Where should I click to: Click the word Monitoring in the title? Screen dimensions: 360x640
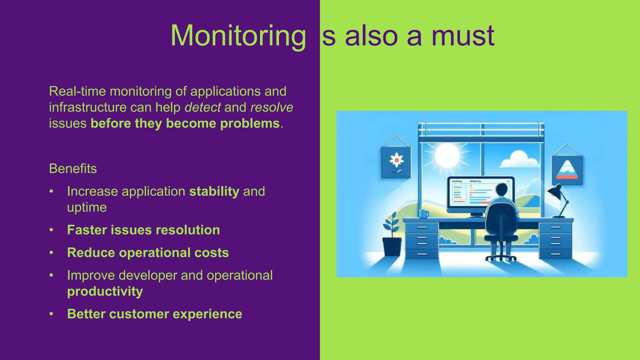pyautogui.click(x=238, y=36)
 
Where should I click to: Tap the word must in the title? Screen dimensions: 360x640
pyautogui.click(x=463, y=36)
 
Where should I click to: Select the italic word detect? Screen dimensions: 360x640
pyautogui.click(x=203, y=107)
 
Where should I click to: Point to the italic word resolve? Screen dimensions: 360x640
pyautogui.click(x=272, y=107)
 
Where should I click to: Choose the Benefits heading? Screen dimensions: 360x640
pyautogui.click(x=73, y=169)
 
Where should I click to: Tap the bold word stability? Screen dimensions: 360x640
pyautogui.click(x=214, y=192)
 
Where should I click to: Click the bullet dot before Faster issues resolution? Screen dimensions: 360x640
pyautogui.click(x=52, y=230)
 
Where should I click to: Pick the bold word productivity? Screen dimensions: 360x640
pyautogui.click(x=105, y=292)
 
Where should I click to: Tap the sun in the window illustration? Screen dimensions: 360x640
pyautogui.click(x=447, y=155)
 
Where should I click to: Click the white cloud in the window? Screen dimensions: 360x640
pyautogui.click(x=519, y=160)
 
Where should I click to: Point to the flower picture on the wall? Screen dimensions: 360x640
pyautogui.click(x=396, y=162)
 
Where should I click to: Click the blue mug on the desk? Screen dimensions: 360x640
pyautogui.click(x=424, y=214)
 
